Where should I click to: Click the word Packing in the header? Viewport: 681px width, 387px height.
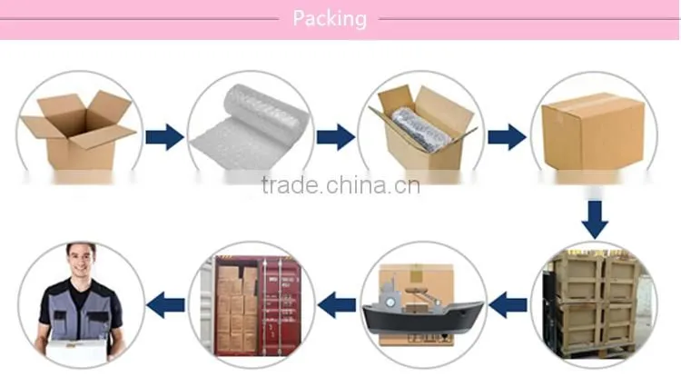(330, 19)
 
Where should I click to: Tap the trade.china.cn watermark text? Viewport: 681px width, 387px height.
(340, 185)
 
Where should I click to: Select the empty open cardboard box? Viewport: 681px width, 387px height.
(78, 130)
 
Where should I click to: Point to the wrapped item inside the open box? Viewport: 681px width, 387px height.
(421, 129)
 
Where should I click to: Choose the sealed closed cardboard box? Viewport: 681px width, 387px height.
(593, 131)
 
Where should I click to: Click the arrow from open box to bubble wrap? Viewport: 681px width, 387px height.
(164, 137)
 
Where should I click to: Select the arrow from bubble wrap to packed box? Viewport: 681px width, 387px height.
(335, 137)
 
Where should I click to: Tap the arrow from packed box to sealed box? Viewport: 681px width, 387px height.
(507, 137)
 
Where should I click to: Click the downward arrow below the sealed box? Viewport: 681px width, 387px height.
(595, 219)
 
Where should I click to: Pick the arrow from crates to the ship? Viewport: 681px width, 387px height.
(508, 305)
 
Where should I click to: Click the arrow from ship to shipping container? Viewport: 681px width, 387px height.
(337, 305)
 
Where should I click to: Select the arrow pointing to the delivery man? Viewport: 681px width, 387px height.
(165, 305)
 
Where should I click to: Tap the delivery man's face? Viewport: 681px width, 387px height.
(81, 259)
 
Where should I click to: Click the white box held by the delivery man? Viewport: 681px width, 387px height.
(76, 352)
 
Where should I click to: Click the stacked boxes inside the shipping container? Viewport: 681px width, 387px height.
(238, 308)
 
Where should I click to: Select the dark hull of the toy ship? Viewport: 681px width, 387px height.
(422, 319)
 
